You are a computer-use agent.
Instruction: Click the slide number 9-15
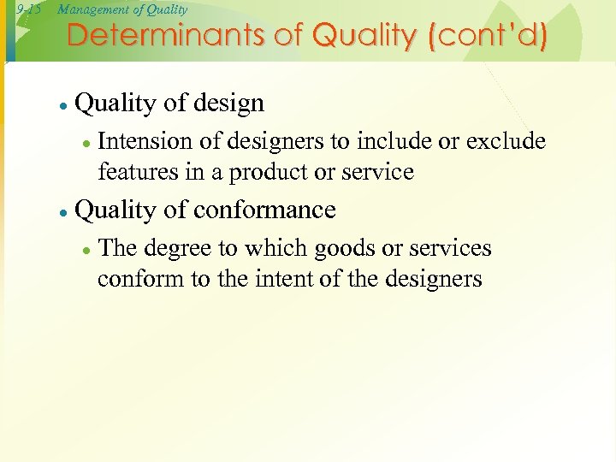(29, 10)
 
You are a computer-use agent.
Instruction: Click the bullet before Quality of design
(63, 105)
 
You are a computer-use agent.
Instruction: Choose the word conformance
(264, 210)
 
